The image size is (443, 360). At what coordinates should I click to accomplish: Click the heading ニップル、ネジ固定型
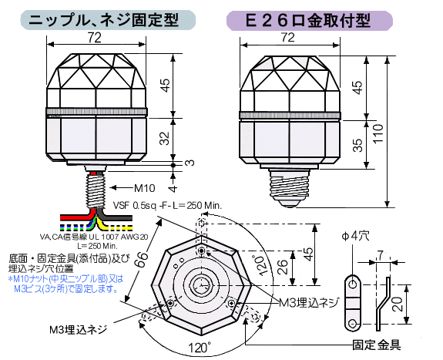[x=104, y=20]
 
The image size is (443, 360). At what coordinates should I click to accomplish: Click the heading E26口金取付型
[x=308, y=20]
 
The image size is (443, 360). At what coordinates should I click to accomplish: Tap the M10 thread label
[x=144, y=187]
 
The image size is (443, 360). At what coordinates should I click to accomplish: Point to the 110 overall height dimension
[x=378, y=133]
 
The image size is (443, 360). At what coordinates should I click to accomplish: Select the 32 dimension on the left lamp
[x=165, y=139]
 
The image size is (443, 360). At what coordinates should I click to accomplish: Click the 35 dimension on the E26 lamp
[x=358, y=145]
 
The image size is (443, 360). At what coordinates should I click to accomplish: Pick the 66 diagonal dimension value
[x=140, y=259]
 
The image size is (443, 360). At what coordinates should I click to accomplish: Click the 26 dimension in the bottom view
[x=283, y=267]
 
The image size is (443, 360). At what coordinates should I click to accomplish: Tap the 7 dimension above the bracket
[x=381, y=255]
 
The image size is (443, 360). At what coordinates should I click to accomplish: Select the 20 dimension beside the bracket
[x=398, y=304]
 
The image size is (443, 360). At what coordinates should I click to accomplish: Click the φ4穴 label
[x=355, y=236]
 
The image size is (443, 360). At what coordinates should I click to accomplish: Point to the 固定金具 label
[x=377, y=345]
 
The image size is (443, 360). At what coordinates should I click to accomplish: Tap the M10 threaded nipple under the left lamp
[x=96, y=190]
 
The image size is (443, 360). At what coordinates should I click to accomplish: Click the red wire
[x=77, y=217]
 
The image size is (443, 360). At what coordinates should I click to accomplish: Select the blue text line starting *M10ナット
[x=66, y=279]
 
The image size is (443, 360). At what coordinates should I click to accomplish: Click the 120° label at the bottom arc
[x=200, y=347]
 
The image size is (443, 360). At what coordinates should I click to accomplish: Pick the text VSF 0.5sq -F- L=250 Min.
[x=167, y=205]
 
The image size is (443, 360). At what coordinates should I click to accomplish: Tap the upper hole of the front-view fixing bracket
[x=353, y=284]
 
